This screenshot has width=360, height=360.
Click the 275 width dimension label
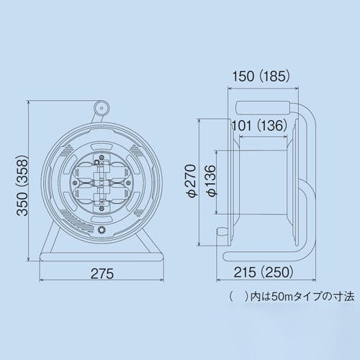coord(102,274)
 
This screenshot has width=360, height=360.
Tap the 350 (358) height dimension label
coord(23,186)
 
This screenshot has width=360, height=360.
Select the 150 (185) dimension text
coord(261,76)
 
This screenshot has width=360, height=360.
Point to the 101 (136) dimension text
coord(259,125)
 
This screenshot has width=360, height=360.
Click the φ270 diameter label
coord(192,181)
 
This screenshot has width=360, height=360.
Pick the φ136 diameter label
coord(212,181)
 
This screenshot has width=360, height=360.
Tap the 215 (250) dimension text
coord(264,272)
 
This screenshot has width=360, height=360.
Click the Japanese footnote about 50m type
coord(292,297)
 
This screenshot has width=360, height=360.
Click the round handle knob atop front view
coord(102,108)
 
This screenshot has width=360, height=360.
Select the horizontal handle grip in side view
coord(264,108)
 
